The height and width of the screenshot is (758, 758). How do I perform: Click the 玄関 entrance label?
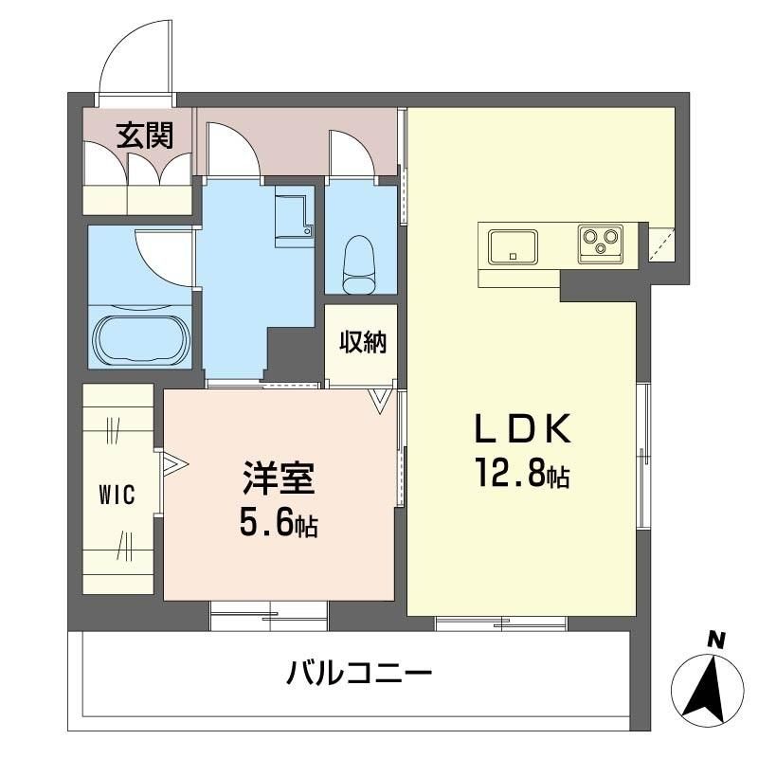(145, 135)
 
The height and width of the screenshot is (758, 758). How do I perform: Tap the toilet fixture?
(359, 264)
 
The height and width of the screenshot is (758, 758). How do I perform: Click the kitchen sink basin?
(513, 247)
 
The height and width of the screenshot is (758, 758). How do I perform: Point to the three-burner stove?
(601, 244)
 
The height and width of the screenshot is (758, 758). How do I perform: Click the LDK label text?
(524, 429)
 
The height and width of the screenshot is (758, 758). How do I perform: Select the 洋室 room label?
(279, 478)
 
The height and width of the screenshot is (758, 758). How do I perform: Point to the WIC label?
(117, 495)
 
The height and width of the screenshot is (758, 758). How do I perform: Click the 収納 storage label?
(362, 342)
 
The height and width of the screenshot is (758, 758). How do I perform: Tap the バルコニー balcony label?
(358, 674)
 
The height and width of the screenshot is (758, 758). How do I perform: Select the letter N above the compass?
(717, 641)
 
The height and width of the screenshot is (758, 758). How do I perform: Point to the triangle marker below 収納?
(380, 400)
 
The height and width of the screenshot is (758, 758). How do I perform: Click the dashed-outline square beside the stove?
(660, 244)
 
